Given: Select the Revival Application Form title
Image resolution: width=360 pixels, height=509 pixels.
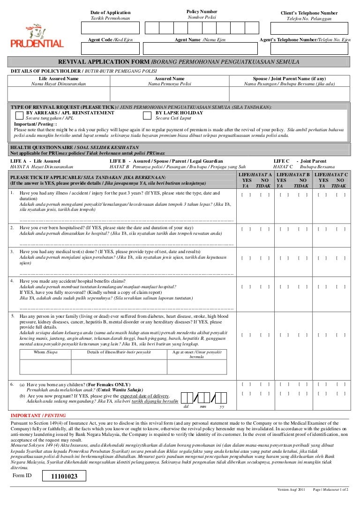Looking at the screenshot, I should click(178, 61).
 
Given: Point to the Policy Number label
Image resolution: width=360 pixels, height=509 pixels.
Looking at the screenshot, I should click(202, 11).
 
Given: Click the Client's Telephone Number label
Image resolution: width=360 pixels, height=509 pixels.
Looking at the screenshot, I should click(309, 13).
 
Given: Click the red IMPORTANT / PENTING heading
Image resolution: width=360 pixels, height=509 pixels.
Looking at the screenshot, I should click(38, 415).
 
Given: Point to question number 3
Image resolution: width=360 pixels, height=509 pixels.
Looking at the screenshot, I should click(12, 251).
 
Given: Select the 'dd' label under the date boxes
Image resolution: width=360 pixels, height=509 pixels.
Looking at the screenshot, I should click(186, 406).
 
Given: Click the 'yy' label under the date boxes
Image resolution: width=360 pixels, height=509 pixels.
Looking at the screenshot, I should click(222, 406).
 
